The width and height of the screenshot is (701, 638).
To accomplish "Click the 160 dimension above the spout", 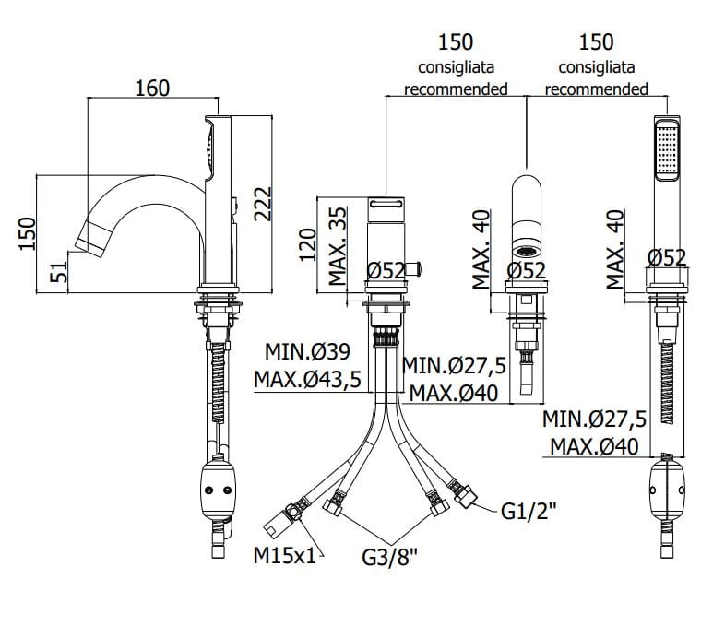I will [x=152, y=88].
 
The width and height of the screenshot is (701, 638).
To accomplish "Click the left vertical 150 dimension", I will [x=27, y=233].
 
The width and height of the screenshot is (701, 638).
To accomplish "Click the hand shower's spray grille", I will [x=666, y=152].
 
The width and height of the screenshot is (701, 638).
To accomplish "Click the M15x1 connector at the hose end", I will [x=279, y=525].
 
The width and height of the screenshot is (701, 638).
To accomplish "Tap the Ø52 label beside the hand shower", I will [x=667, y=258].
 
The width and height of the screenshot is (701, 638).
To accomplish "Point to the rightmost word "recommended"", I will [x=596, y=89].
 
